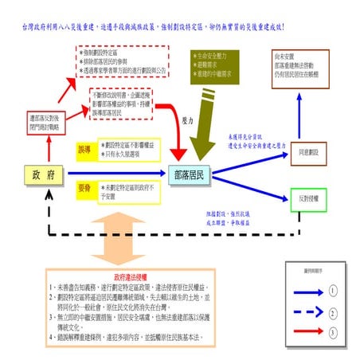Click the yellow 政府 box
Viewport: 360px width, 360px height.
point(37,174)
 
